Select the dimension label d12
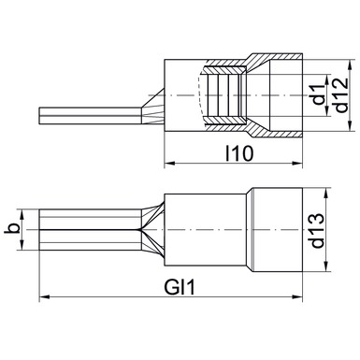click(x=341, y=94)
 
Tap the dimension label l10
click(x=239, y=153)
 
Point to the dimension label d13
click(x=318, y=230)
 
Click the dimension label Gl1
click(x=180, y=287)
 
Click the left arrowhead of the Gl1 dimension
click(x=44, y=296)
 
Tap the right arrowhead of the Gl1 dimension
click(x=297, y=296)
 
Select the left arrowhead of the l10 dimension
click(x=169, y=163)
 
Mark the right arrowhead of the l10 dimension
click(x=297, y=163)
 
